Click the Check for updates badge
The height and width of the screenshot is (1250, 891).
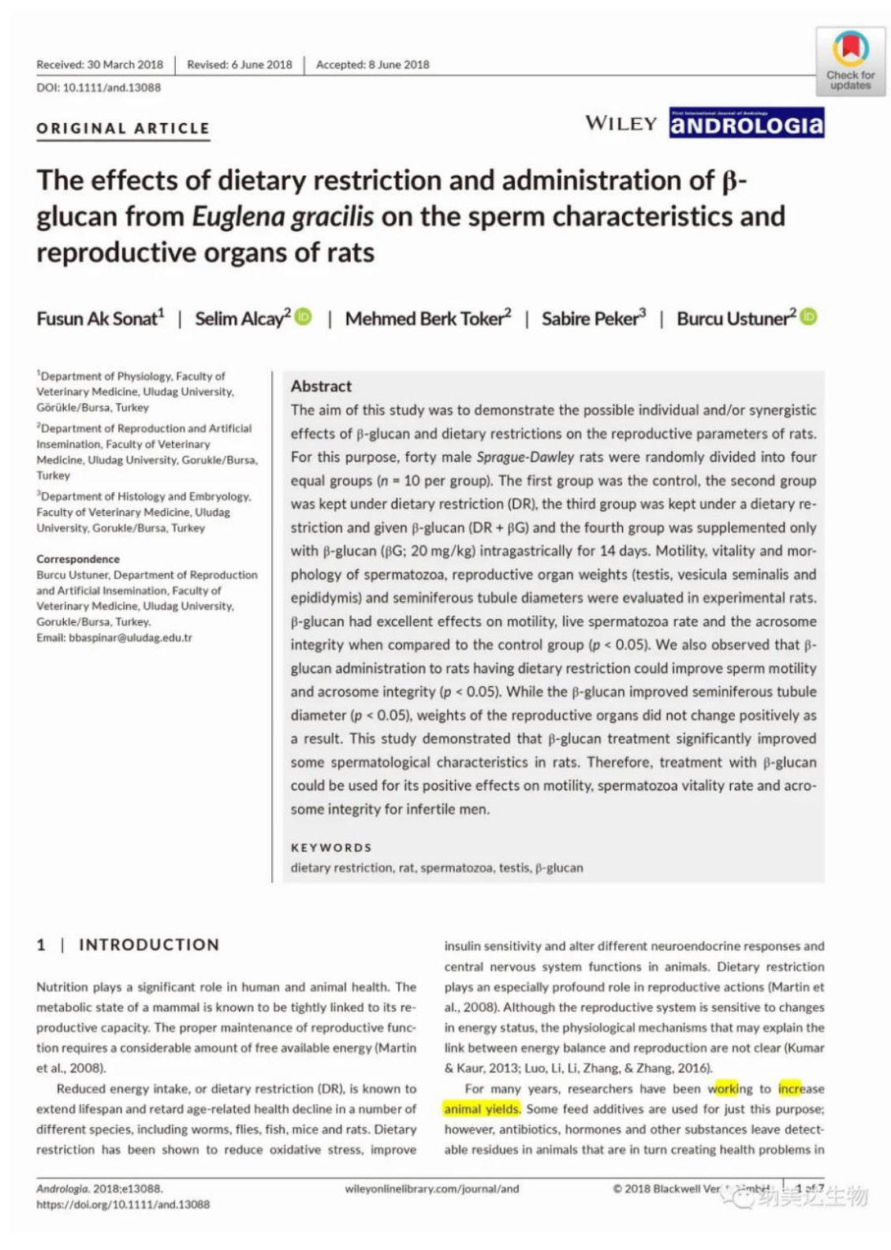850,62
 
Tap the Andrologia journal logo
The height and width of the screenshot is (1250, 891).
746,124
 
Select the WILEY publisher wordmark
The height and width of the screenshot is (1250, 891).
621,123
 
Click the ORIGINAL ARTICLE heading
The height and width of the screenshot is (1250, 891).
123,129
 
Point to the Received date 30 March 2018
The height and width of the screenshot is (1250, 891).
99,65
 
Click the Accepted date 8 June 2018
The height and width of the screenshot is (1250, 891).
372,65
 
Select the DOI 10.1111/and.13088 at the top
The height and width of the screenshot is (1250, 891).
99,88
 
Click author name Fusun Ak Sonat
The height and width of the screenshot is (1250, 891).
100,319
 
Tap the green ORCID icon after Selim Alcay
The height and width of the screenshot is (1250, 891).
304,317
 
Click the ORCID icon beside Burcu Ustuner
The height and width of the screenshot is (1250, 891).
808,317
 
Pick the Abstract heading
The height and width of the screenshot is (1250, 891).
321,386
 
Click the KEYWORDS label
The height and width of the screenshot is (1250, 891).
331,848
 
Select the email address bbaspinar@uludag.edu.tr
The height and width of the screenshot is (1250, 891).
114,637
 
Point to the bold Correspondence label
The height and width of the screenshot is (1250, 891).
78,559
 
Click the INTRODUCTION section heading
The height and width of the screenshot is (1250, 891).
148,945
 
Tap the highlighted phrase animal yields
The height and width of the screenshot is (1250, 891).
482,1110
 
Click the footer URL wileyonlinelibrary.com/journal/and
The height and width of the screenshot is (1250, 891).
432,1188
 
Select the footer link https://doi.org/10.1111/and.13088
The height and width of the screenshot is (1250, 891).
123,1204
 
